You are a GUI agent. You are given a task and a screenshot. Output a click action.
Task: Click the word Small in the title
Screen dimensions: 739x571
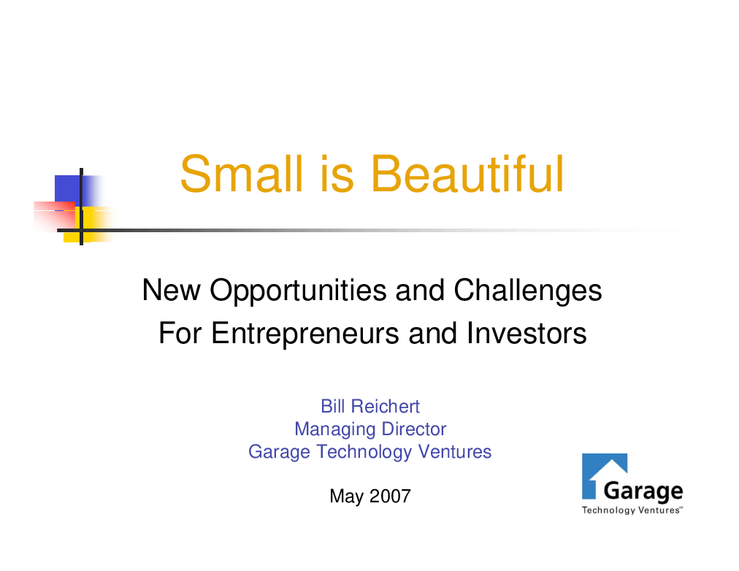click(x=241, y=174)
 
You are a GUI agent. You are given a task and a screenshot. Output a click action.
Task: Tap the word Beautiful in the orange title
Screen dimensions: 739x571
click(x=467, y=174)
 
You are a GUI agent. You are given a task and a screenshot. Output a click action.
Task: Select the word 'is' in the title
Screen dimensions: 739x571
click(x=337, y=174)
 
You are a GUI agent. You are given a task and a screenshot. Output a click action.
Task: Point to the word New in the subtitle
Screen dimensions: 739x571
click(x=171, y=290)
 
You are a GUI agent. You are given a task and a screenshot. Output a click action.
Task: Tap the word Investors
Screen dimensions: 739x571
click(x=527, y=333)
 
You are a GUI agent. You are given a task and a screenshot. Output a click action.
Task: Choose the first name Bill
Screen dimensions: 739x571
click(x=333, y=406)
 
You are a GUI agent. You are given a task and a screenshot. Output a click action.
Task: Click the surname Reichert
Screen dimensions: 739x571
click(x=385, y=406)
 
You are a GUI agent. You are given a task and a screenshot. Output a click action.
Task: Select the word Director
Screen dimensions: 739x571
click(x=414, y=429)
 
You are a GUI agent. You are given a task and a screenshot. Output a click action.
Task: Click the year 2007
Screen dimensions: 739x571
click(x=390, y=496)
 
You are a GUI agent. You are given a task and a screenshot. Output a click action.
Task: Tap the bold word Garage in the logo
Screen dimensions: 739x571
click(x=643, y=492)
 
